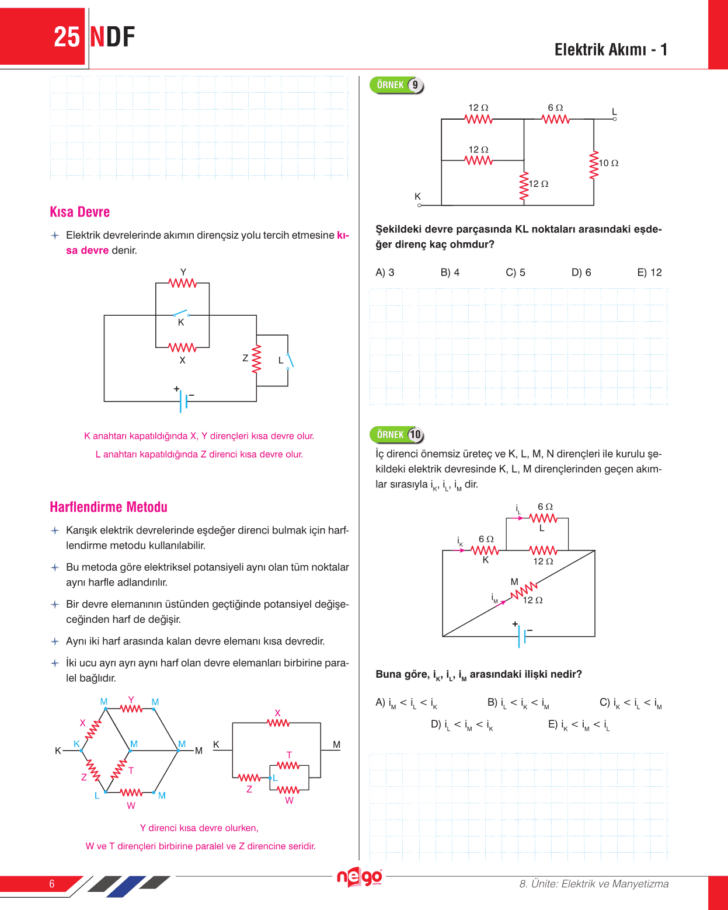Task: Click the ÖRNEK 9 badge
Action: click(x=396, y=85)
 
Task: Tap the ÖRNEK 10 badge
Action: click(x=396, y=435)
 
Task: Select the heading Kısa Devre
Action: click(x=79, y=212)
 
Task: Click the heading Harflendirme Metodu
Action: click(x=109, y=507)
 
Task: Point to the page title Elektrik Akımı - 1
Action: click(x=611, y=50)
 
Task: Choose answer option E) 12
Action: click(x=649, y=273)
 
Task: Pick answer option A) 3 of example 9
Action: click(x=385, y=273)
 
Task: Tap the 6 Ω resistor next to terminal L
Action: click(x=555, y=119)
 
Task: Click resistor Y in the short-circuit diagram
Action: click(x=183, y=283)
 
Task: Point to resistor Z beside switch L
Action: click(x=256, y=359)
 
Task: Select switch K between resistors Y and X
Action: click(x=181, y=314)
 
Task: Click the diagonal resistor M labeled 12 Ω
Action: click(x=524, y=591)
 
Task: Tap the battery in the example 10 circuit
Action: click(x=522, y=636)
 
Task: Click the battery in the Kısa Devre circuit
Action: click(x=184, y=401)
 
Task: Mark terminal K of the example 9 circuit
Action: click(x=419, y=205)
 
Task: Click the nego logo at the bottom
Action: click(x=359, y=877)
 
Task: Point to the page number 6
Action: click(x=52, y=884)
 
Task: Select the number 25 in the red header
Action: click(x=67, y=37)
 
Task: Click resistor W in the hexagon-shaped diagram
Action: click(x=131, y=793)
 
